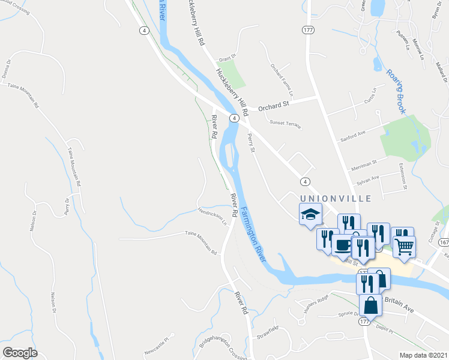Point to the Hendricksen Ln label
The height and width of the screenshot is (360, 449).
point(212,215)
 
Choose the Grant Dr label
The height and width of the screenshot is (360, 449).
point(228,59)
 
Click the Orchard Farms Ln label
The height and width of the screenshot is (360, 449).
point(282,80)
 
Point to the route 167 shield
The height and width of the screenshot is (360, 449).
point(442,242)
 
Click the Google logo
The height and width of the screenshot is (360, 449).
point(20,353)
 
